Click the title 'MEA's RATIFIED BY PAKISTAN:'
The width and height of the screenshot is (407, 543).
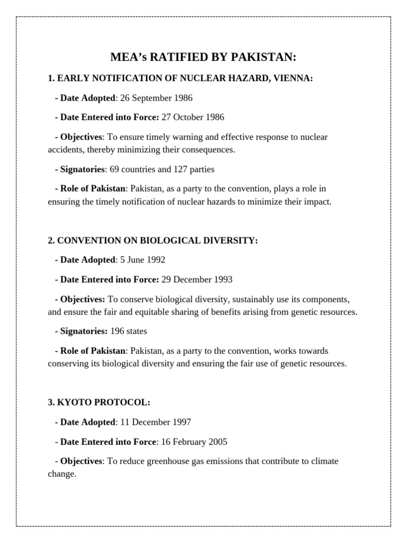point(203,57)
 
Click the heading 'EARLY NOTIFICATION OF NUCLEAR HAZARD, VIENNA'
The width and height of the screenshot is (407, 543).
point(180,78)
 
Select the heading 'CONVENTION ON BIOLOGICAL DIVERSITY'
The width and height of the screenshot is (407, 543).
point(153,240)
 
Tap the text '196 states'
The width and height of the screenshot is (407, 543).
point(128,331)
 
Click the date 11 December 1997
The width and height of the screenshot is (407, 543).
point(155,422)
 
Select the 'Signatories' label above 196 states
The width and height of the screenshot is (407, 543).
point(84,331)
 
